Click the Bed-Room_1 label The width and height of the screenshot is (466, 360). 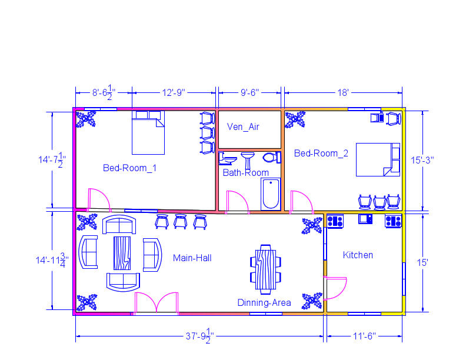129,168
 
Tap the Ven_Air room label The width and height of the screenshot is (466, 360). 243,126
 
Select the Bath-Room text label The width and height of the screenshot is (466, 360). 245,173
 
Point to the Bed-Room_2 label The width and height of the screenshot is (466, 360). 321,154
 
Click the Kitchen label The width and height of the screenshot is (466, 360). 358,255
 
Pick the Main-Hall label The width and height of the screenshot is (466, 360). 192,258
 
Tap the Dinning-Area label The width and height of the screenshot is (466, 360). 264,302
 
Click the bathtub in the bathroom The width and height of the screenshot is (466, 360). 271,194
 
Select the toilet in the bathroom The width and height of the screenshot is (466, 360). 271,157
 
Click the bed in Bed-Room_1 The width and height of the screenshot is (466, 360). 148,134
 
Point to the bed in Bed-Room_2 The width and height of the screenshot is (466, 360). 377,159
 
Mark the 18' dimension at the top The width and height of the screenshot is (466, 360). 343,92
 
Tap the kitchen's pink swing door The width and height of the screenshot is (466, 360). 336,288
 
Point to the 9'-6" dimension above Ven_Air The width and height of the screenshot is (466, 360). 250,92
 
